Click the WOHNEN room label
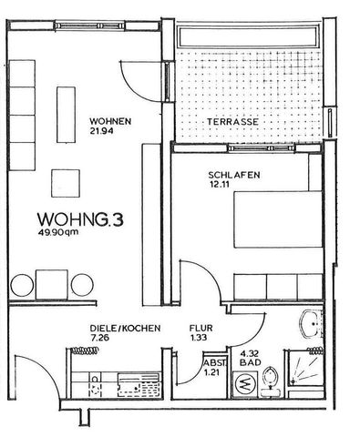click(x=110, y=122)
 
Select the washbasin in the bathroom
click(x=313, y=324)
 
